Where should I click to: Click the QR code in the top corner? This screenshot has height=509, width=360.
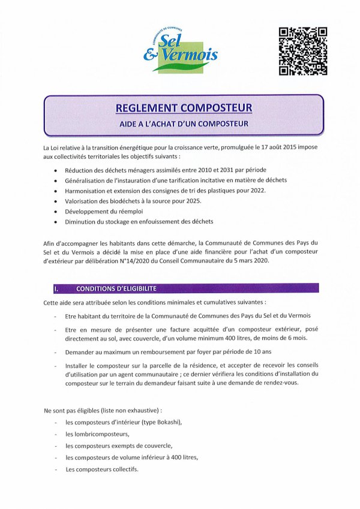pos(303,51)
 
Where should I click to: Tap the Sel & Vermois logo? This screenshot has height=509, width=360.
pos(181,50)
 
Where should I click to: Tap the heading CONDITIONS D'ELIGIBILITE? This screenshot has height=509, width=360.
pos(116,288)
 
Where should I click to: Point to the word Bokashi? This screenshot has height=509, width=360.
pos(167,422)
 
